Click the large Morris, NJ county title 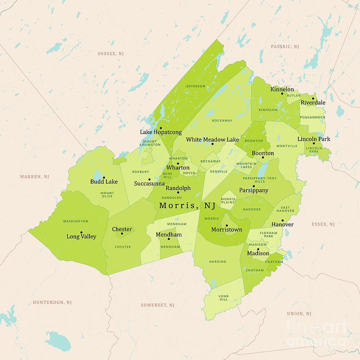point(187,206)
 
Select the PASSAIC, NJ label point(285,47)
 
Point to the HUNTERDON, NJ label point(52,302)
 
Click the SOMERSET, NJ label point(158,305)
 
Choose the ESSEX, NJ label point(323,224)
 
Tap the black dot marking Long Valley point(81,232)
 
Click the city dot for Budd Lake point(104,178)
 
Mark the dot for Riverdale point(313,98)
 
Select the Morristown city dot point(227,226)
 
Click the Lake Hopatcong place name point(161,132)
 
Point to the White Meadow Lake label point(212,140)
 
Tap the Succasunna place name point(149,184)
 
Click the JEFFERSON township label point(195,86)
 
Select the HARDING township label point(218,262)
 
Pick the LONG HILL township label point(224,298)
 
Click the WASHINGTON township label point(76,221)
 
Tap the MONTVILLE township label point(287,146)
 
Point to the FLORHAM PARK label point(268,234)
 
